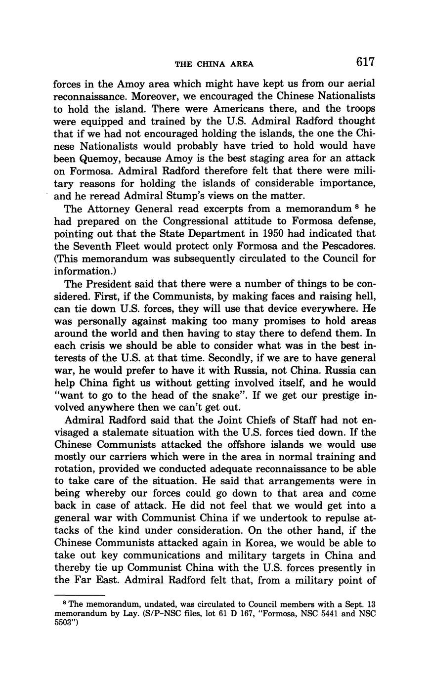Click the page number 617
click(365, 62)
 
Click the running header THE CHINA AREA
click(214, 64)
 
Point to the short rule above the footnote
click(80, 595)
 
